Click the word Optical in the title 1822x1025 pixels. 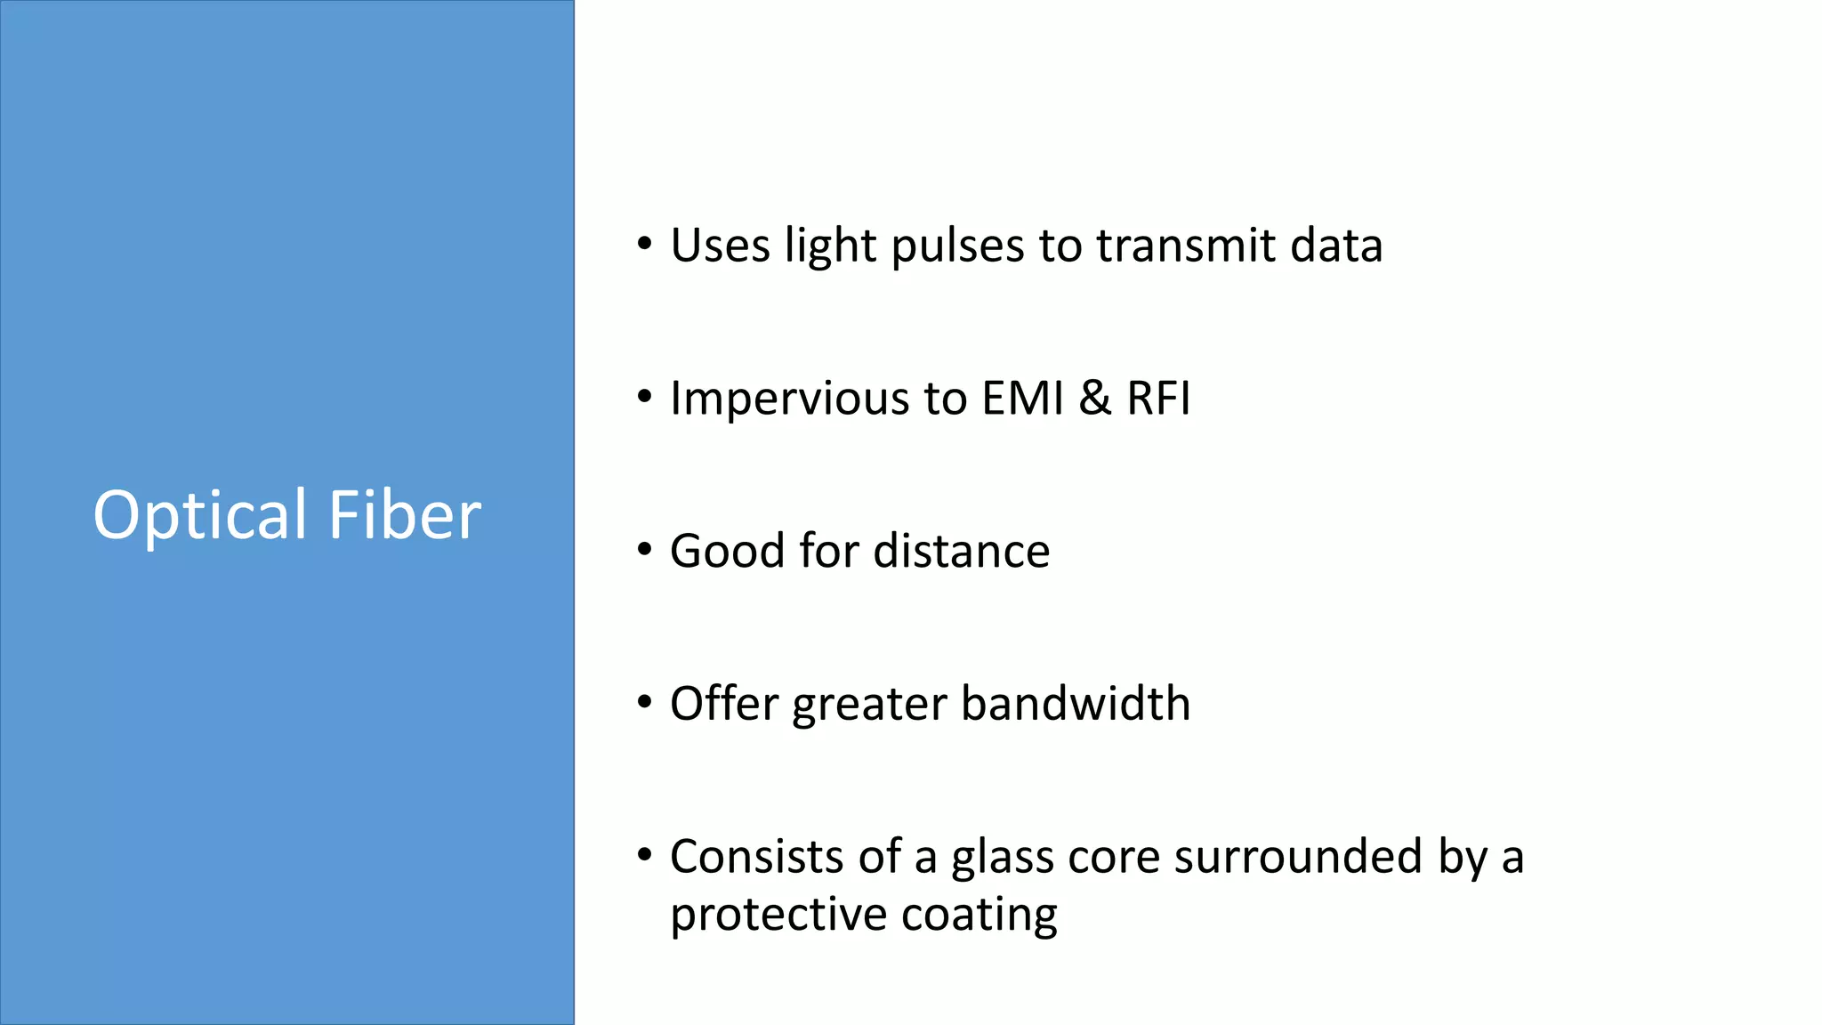(200, 516)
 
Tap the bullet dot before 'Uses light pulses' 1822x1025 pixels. (645, 244)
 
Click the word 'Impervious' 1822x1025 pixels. (788, 399)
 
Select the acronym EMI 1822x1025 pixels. (1023, 398)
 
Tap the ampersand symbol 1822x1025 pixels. (1095, 398)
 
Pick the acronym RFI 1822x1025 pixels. (1158, 398)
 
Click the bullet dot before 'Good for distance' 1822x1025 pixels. (645, 550)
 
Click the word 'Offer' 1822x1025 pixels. (724, 704)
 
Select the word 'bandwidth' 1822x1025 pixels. (1076, 704)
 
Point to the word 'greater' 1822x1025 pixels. (869, 706)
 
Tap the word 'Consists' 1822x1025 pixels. (756, 857)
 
